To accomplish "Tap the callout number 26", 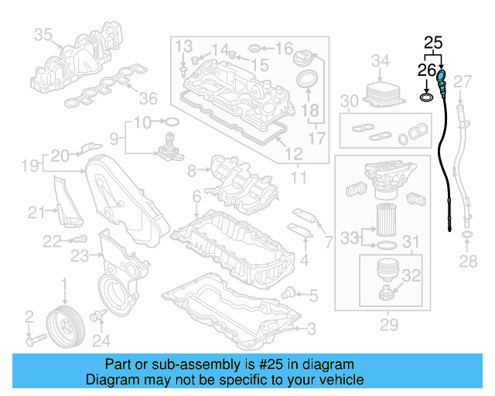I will point(427,70).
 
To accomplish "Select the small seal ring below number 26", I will point(426,98).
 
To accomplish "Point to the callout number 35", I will point(43,34).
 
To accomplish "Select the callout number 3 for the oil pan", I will point(311,329).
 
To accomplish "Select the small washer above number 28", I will point(467,233).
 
